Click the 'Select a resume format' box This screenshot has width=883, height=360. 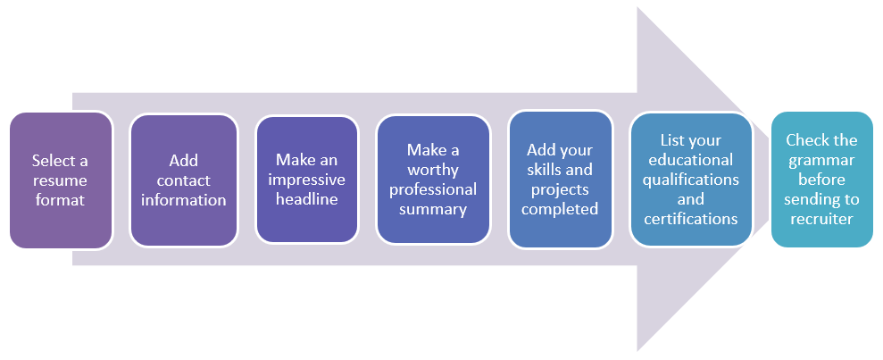pos(61,180)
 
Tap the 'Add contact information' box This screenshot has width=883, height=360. pos(183,180)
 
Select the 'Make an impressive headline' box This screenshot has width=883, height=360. pos(306,180)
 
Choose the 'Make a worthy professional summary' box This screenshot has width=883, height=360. pos(433,180)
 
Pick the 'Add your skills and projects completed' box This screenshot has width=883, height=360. pos(560,180)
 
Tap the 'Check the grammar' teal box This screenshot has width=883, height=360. pos(821,180)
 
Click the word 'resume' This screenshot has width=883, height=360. pos(61,180)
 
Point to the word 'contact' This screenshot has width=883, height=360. pos(183,180)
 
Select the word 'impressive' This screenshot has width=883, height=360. pos(306,180)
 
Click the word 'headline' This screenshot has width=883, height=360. pos(306,199)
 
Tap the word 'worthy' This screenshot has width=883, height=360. pos(433,170)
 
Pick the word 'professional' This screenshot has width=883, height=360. pos(433,189)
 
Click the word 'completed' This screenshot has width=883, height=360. pos(560,209)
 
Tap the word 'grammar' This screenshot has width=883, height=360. pos(821,160)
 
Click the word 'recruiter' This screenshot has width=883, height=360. pos(821,219)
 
